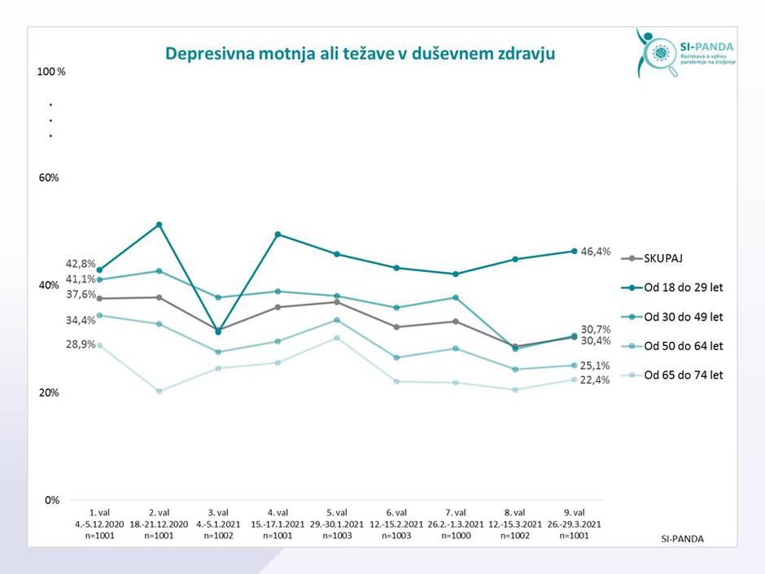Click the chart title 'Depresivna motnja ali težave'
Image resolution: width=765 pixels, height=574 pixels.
360,54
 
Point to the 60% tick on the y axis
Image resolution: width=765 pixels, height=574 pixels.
49,177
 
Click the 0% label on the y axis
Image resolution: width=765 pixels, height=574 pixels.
51,500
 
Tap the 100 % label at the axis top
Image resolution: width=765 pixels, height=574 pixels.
51,72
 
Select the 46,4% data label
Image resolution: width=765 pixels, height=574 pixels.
597,252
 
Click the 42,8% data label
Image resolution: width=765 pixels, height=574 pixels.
81,264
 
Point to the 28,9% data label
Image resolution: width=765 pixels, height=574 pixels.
81,344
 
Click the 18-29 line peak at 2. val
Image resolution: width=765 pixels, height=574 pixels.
160,225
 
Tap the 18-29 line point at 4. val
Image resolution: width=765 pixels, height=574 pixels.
278,234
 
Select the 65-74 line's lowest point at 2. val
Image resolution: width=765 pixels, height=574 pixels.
160,392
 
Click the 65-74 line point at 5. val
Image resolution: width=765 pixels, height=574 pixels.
337,337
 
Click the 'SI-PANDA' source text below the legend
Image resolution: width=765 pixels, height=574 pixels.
682,539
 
